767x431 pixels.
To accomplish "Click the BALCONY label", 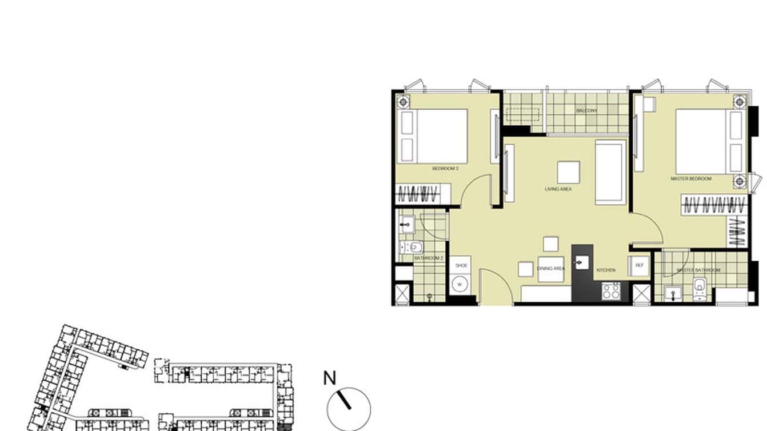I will (587, 110).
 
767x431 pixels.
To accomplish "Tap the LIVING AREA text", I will (558, 189).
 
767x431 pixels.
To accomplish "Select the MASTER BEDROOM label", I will (690, 179).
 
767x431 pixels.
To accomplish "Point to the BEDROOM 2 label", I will (446, 169).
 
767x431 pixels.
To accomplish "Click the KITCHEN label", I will (606, 270).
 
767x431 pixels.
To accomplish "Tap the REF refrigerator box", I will (639, 266).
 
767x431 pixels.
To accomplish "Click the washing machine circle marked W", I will (460, 284).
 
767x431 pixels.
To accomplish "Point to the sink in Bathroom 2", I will (407, 224).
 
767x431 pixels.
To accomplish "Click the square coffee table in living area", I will (568, 172).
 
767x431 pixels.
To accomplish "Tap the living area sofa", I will (610, 171).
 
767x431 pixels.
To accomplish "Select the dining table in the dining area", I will (550, 269).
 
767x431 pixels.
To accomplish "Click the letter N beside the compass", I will (329, 378).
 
